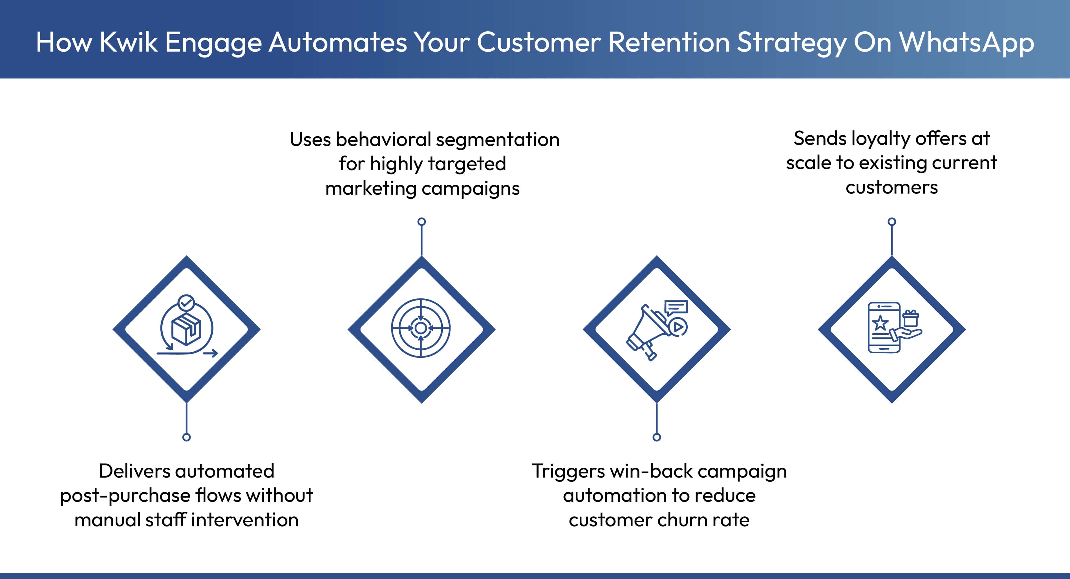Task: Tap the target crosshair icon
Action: (421, 328)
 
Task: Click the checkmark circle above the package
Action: (186, 303)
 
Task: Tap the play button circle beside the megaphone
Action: (678, 327)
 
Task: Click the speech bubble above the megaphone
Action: (676, 307)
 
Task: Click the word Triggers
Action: (568, 471)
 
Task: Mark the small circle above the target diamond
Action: (422, 222)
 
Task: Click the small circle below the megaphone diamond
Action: (657, 437)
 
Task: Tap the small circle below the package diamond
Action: (186, 437)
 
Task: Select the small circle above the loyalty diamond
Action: (892, 222)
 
